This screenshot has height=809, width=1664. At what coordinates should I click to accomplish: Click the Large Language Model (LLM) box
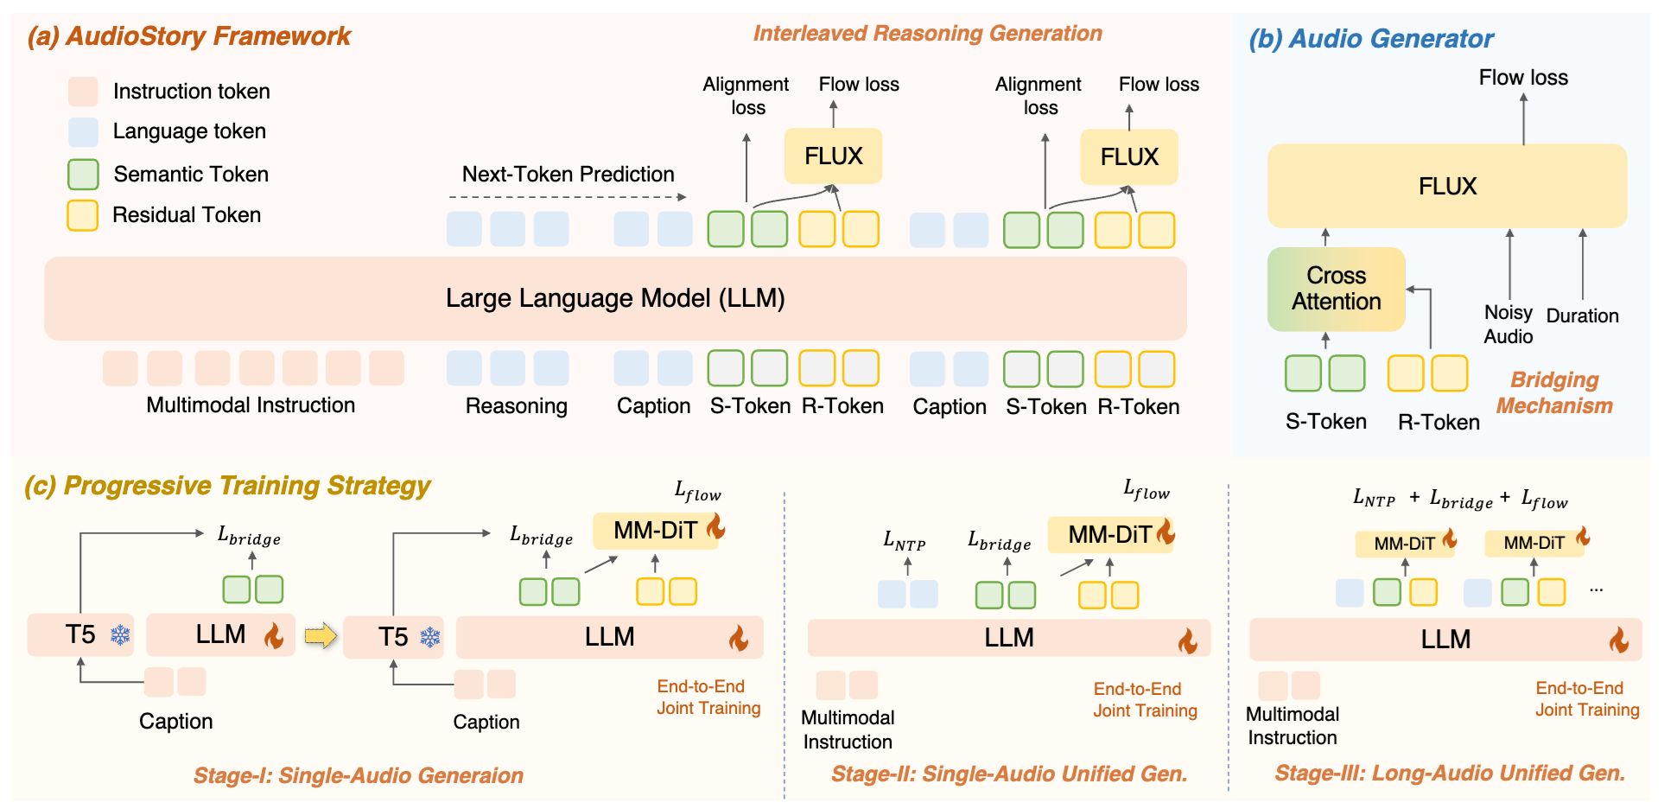615,298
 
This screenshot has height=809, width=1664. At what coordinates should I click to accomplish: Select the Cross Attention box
1336,289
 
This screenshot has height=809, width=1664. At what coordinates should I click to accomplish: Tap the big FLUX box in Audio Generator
1447,186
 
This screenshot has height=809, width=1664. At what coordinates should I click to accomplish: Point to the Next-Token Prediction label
568,174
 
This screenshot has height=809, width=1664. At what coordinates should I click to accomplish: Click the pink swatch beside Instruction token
83,91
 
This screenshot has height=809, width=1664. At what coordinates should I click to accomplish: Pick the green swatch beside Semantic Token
83,174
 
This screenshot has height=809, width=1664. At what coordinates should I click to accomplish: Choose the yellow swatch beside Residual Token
83,215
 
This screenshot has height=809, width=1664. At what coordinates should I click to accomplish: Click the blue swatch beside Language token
83,131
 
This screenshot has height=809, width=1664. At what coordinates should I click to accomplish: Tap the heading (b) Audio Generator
1371,39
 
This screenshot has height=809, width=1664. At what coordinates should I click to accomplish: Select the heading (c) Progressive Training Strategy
227,486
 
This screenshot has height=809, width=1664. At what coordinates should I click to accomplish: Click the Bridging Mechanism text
1554,392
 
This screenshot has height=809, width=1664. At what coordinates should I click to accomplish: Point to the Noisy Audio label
1508,324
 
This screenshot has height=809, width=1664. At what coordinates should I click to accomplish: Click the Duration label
1582,315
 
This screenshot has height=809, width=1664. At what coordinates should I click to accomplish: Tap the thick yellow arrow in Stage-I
321,636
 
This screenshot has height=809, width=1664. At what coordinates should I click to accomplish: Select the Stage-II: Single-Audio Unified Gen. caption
1009,774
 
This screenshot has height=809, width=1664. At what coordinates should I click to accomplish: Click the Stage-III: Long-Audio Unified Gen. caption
1450,773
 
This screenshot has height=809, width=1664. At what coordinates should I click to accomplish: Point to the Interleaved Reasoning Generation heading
927,34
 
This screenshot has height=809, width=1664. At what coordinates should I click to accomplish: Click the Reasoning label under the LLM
516,406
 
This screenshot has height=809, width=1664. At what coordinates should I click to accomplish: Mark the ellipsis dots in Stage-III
1596,590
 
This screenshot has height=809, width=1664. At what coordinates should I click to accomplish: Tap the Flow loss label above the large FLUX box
1523,78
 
